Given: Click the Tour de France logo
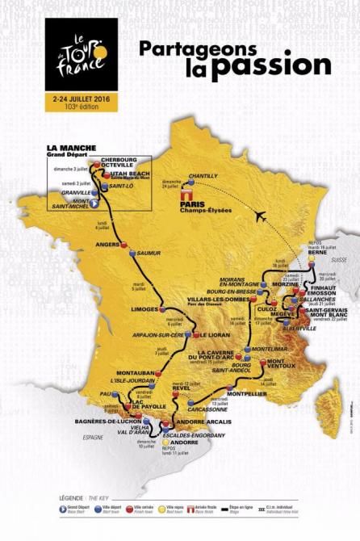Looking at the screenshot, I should pyautogui.click(x=81, y=54).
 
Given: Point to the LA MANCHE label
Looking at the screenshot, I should pyautogui.click(x=71, y=148).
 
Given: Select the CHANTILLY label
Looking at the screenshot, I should pyautogui.click(x=203, y=175).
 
